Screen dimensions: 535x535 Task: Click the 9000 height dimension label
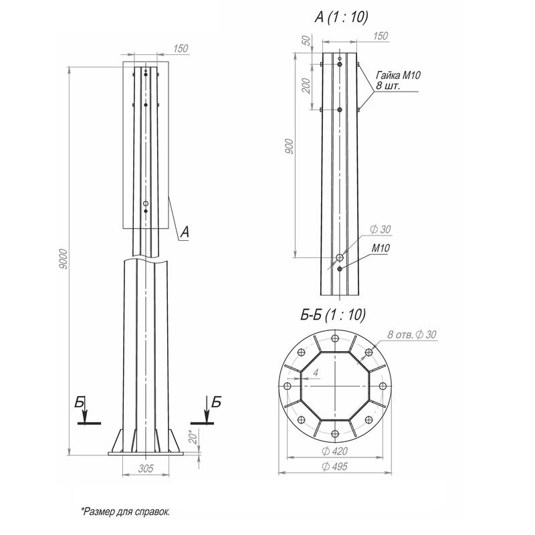click(64, 259)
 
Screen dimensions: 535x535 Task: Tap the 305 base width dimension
click(146, 469)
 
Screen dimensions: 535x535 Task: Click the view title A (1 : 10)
click(341, 17)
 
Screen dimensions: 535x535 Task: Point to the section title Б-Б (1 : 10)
click(333, 314)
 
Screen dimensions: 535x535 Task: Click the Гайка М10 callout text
click(398, 75)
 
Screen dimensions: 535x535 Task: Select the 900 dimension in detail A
click(289, 146)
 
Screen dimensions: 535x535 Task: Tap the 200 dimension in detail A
click(306, 86)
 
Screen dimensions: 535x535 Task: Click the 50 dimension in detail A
click(307, 40)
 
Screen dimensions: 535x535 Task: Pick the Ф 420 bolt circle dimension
click(335, 451)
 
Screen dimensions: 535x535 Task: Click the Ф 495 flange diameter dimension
click(335, 466)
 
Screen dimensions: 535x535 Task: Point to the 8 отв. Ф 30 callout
click(412, 334)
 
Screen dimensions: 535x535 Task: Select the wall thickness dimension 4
click(316, 372)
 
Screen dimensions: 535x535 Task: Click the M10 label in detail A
click(381, 248)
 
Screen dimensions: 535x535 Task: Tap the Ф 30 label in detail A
click(381, 229)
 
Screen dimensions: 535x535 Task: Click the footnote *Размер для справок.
click(126, 512)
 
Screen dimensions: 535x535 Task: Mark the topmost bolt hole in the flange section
click(335, 338)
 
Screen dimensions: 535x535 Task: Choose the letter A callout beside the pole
click(185, 232)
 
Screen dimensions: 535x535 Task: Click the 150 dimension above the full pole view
click(181, 48)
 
